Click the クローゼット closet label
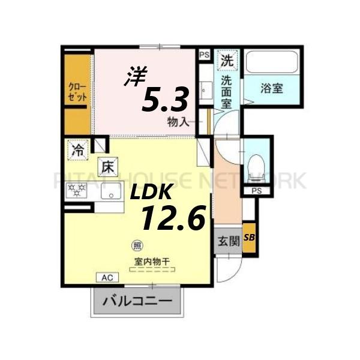coord(77,92)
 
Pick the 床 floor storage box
coord(106,165)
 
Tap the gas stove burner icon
coord(76,191)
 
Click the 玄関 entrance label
coord(228,242)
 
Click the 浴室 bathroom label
coord(272,89)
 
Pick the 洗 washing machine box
coord(227,60)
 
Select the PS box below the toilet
coord(257,191)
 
